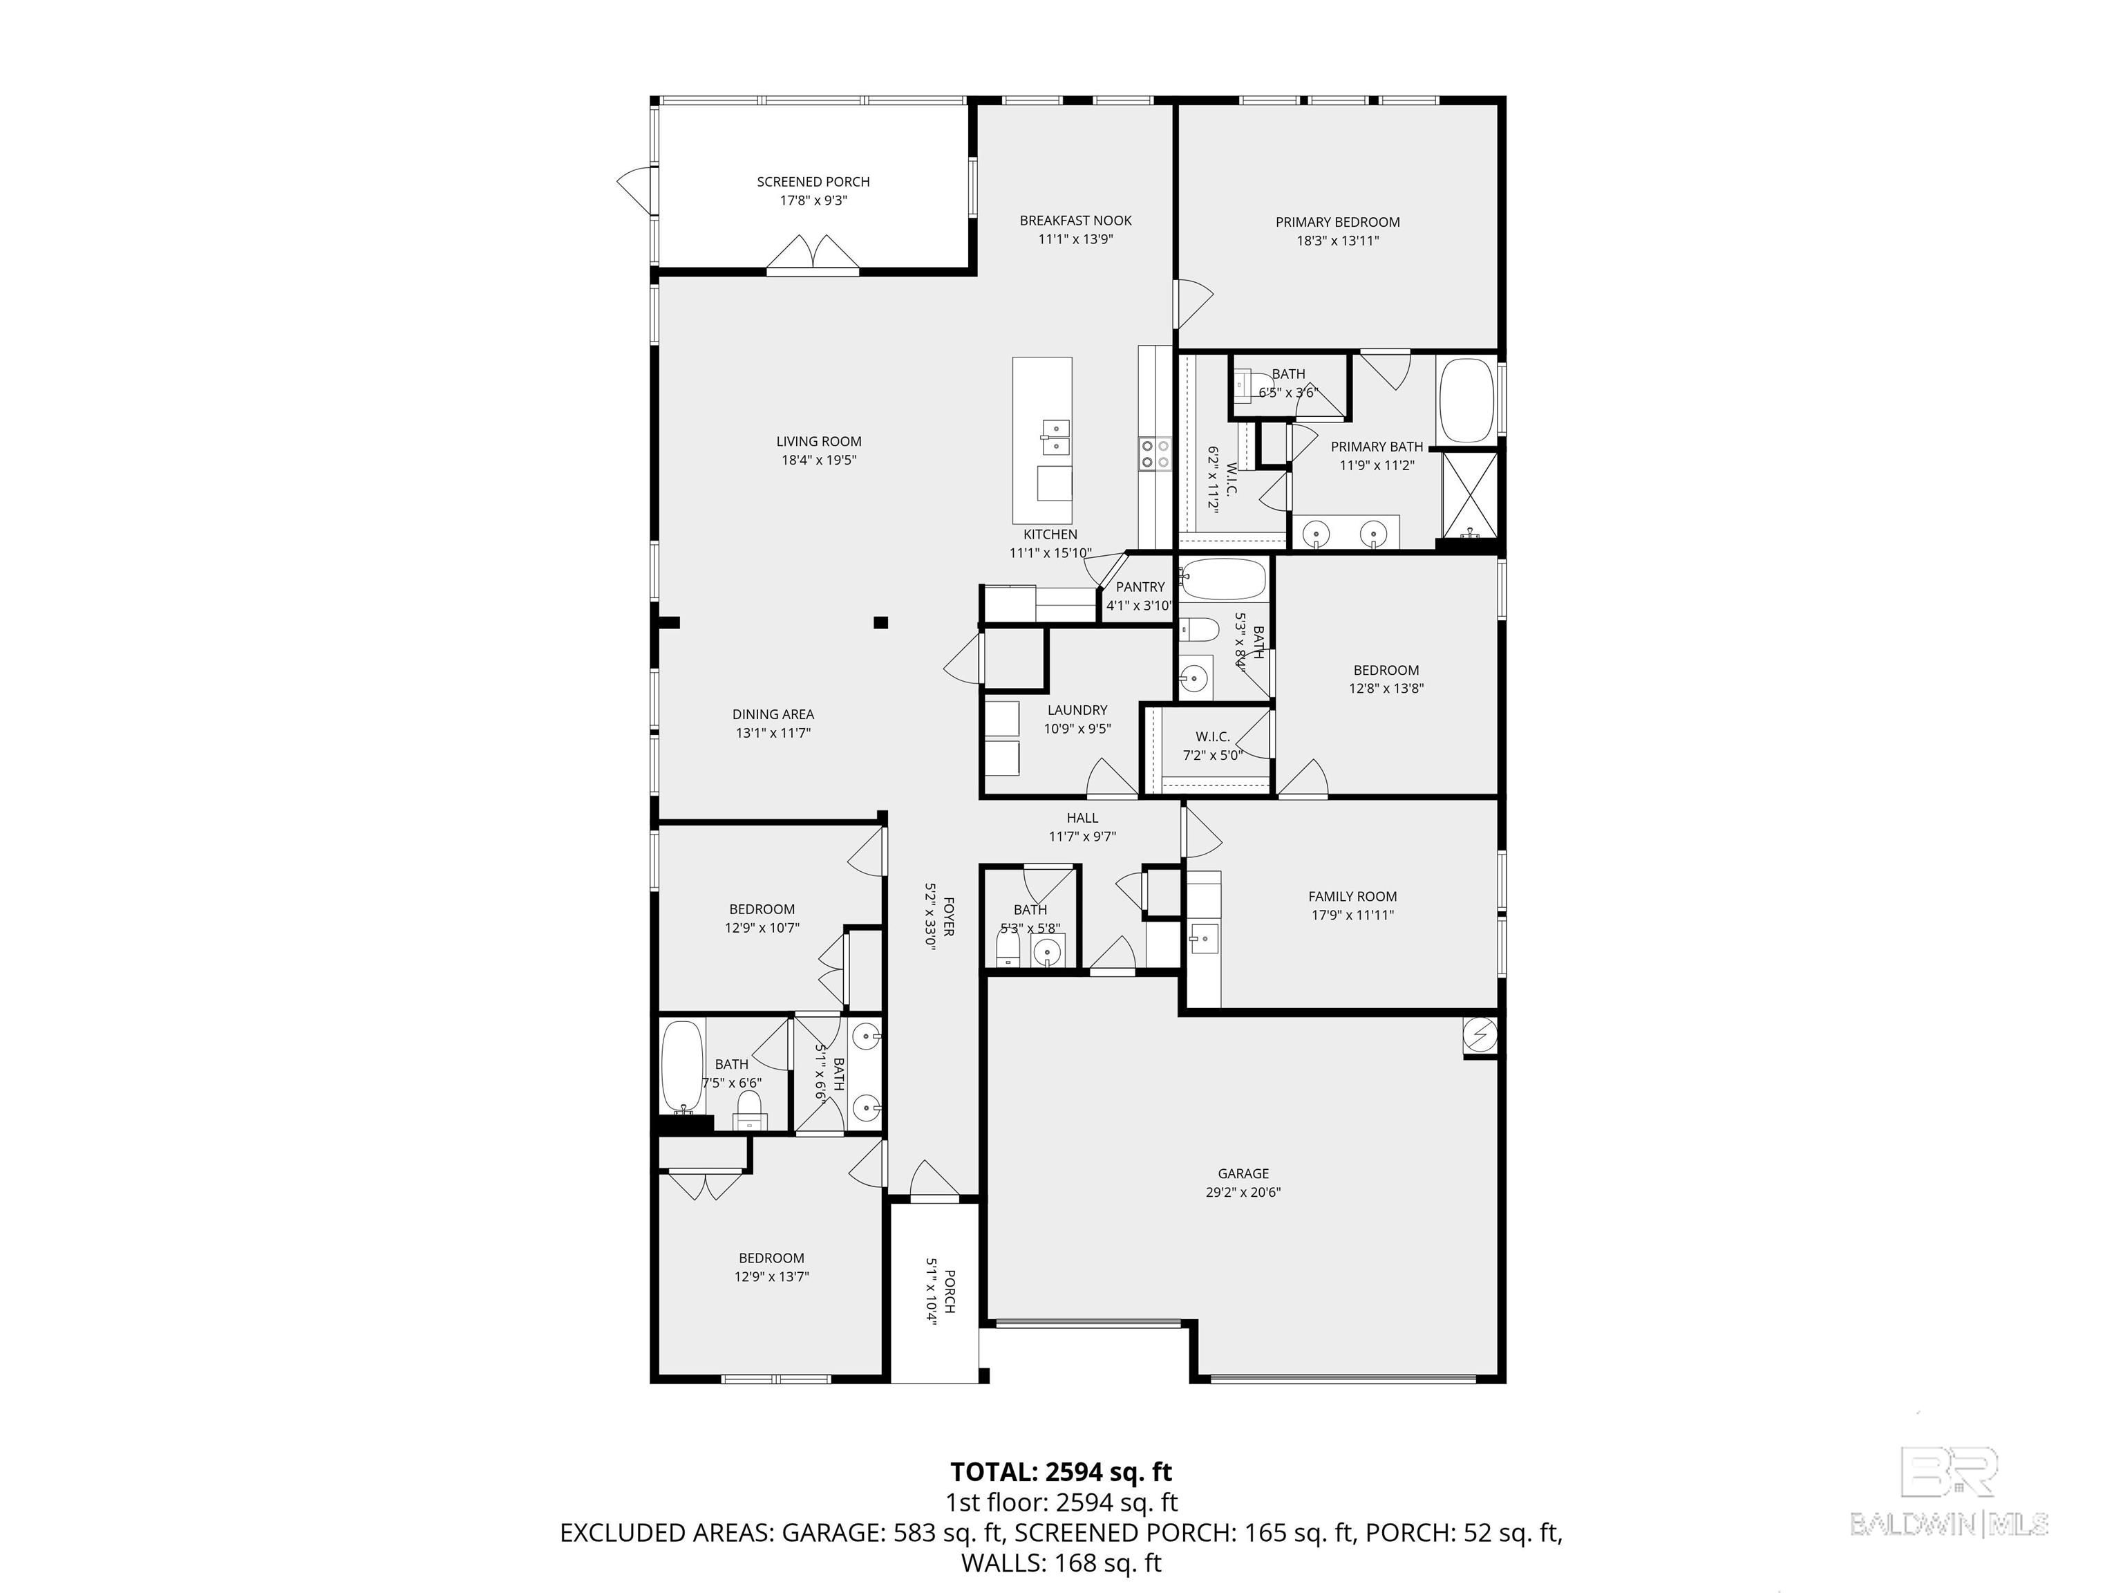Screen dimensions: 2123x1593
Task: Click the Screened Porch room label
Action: pos(813,181)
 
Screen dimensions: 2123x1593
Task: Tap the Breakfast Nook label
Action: pos(1075,221)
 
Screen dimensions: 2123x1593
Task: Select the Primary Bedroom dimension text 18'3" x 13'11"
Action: pos(1337,241)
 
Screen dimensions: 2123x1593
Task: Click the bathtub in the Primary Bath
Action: pos(1466,400)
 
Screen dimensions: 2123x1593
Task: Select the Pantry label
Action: pos(1140,587)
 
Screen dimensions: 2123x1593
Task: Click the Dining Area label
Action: pos(773,714)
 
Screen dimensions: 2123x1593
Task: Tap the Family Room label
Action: pos(1352,897)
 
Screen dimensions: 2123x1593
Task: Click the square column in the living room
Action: pos(881,622)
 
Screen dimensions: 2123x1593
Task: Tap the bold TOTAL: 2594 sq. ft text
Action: pos(1061,1472)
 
